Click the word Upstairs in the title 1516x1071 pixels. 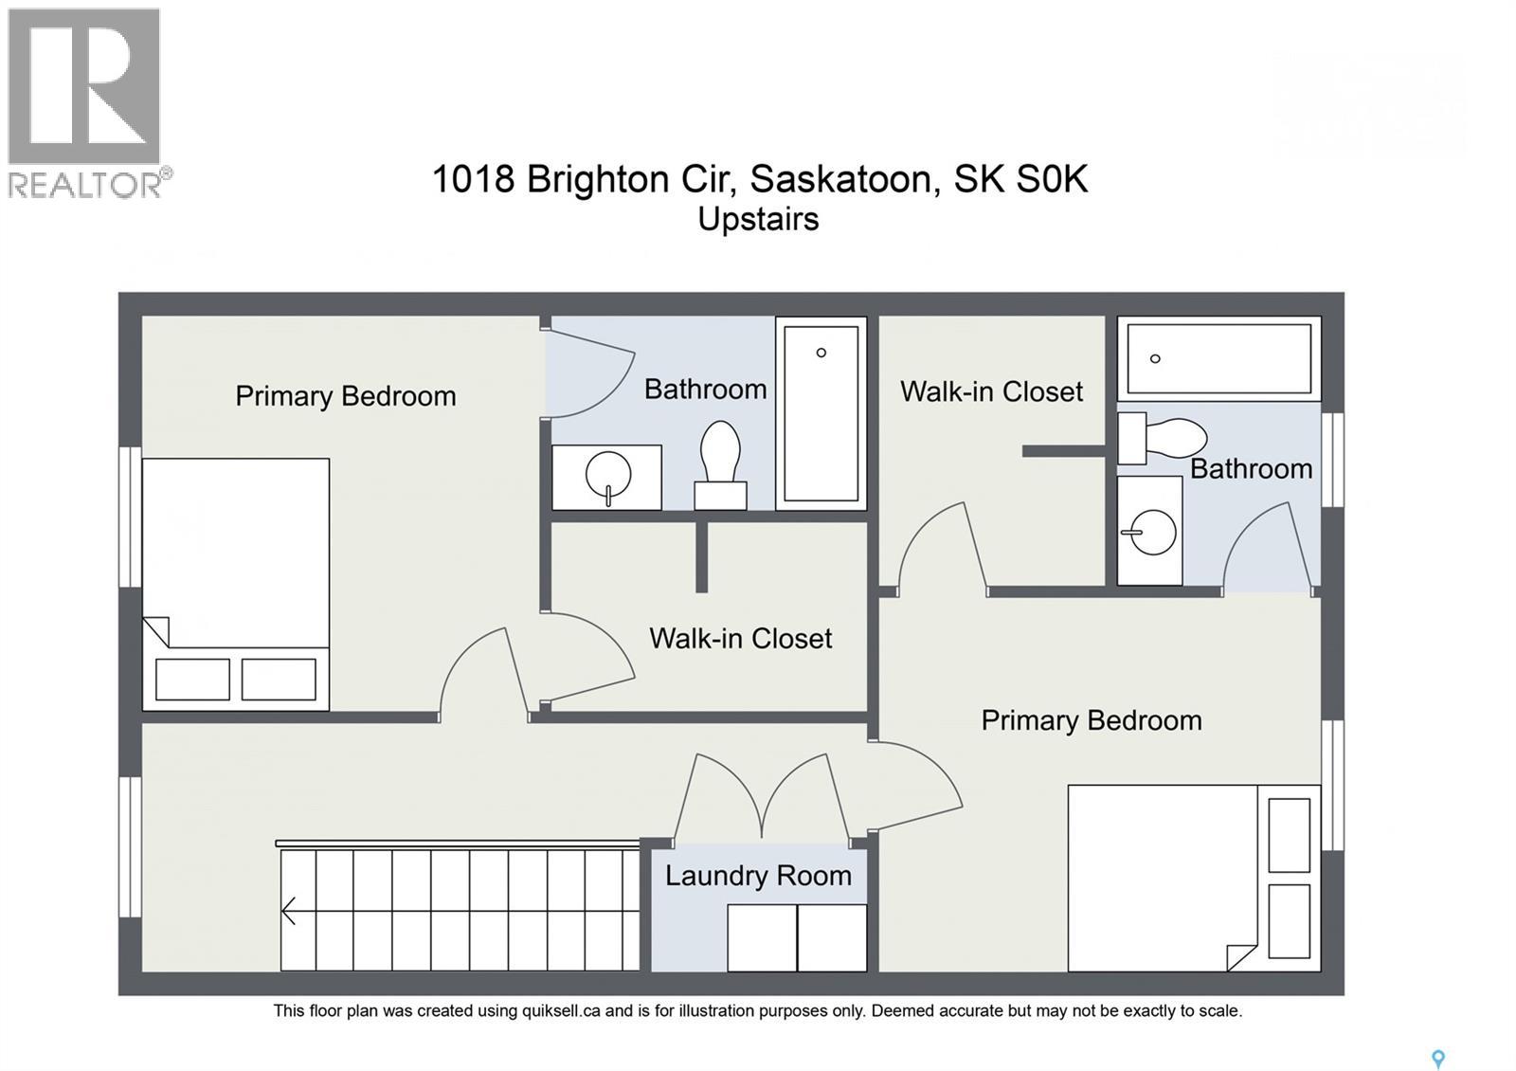(x=758, y=219)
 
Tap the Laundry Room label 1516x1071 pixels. (x=758, y=875)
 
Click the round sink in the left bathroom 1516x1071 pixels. (x=608, y=474)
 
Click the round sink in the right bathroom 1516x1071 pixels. (x=1153, y=532)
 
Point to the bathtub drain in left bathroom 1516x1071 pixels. (x=821, y=353)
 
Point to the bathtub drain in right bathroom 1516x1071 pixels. (x=1155, y=358)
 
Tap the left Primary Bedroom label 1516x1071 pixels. (x=346, y=395)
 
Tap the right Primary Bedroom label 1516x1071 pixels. (x=1092, y=720)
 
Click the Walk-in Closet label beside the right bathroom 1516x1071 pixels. (x=991, y=391)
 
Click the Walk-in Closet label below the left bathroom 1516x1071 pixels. (x=741, y=638)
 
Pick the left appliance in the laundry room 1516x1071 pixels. (x=762, y=936)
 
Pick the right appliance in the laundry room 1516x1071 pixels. (x=832, y=936)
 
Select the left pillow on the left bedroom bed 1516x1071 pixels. (x=192, y=680)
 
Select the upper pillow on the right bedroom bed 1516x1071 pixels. (x=1289, y=834)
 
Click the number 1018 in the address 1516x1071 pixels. (x=473, y=178)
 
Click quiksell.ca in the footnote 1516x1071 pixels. (x=561, y=1010)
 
